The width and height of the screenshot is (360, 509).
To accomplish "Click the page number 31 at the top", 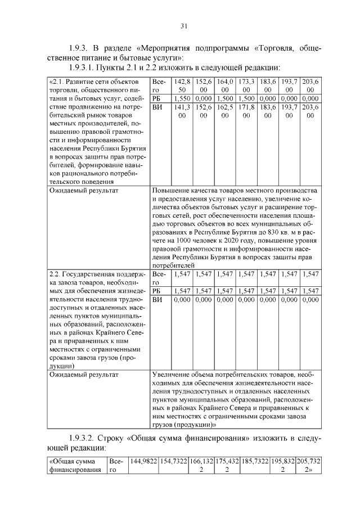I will (184, 26).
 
